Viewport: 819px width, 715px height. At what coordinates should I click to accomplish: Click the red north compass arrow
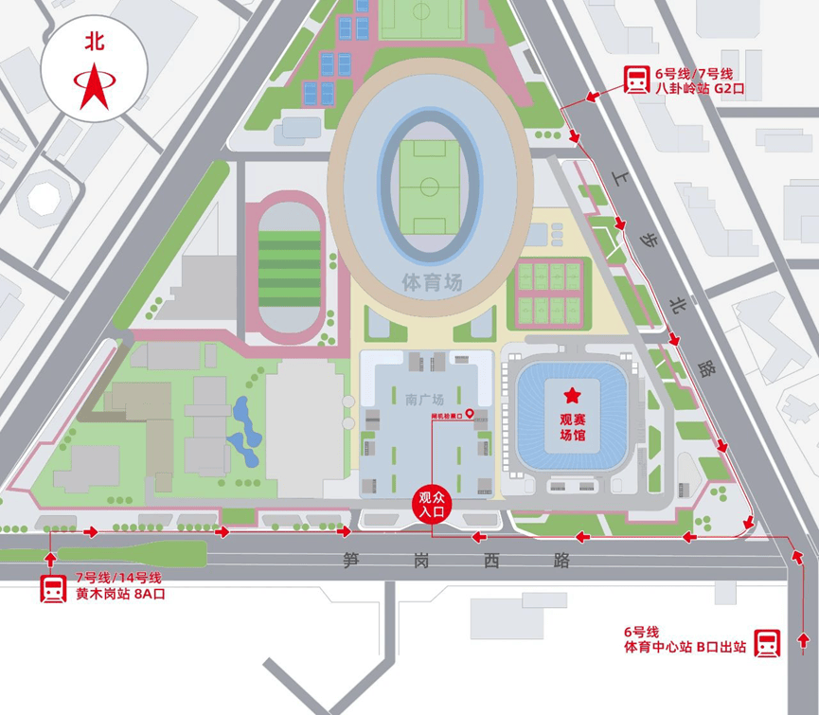tap(94, 85)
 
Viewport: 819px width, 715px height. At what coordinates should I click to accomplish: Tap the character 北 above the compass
tap(94, 42)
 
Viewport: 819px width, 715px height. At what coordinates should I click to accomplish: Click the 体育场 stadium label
tap(431, 281)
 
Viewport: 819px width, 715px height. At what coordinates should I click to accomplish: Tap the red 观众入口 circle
tap(432, 505)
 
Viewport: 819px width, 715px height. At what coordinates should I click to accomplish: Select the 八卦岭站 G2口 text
tap(701, 88)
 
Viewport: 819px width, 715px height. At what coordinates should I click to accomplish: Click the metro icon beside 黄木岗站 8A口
tap(53, 587)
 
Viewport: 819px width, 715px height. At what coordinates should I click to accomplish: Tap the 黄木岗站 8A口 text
tap(127, 595)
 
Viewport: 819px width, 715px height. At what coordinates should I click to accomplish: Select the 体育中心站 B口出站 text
tap(684, 649)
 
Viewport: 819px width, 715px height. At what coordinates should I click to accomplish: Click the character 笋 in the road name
tap(352, 561)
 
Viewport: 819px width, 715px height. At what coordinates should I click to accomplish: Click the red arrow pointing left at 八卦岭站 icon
tap(593, 95)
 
